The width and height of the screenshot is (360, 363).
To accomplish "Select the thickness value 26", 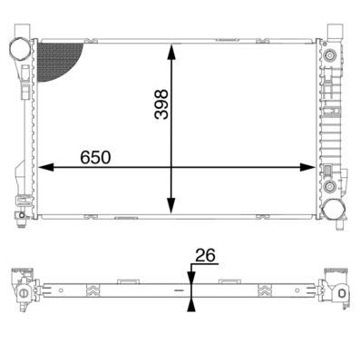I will coord(206,258).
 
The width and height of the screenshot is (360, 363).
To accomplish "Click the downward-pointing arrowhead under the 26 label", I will coord(190,275).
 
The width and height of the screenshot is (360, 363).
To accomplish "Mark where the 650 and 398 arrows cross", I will coord(170,167).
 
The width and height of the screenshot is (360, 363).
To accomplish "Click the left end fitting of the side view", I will coord(22,290).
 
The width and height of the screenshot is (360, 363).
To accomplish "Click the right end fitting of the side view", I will coord(337,290).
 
